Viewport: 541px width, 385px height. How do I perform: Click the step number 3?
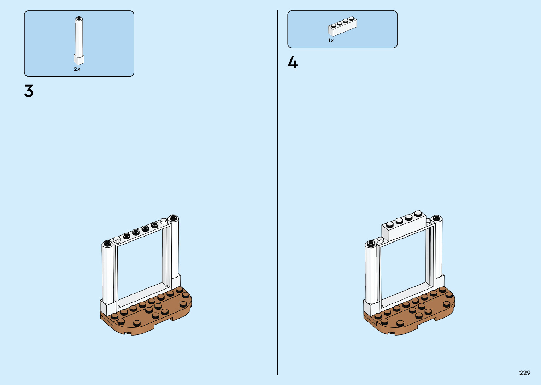click(29, 91)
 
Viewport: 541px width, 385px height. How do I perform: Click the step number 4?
click(293, 63)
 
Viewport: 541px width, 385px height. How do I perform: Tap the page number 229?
click(525, 373)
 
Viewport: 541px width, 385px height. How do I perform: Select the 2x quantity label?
click(77, 69)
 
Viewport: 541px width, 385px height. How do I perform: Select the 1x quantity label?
click(331, 40)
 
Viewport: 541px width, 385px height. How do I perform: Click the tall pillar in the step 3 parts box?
click(79, 37)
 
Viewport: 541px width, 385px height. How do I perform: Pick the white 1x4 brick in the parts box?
click(342, 26)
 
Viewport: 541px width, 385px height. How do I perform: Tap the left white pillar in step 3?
click(107, 272)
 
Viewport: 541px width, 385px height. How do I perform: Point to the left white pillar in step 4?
click(371, 272)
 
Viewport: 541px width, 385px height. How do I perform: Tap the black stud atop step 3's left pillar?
click(107, 243)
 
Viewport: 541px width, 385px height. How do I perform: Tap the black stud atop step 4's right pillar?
click(437, 218)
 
